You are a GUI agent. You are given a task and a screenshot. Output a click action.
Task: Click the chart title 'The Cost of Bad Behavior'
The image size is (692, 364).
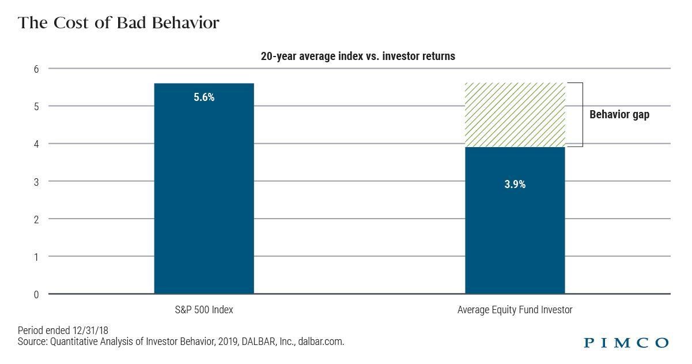tap(118, 23)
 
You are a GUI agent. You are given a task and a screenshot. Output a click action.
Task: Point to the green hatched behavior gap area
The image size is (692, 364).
tap(515, 115)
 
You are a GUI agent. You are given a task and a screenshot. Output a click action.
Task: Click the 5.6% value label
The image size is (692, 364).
tap(204, 97)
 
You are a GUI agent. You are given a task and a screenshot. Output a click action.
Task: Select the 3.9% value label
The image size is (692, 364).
tap(515, 185)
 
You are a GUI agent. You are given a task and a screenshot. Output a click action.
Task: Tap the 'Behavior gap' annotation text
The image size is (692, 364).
tap(619, 115)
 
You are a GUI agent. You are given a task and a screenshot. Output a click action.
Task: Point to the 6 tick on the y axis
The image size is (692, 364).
tap(36, 69)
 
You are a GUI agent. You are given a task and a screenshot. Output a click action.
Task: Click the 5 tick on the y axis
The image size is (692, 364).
tap(36, 106)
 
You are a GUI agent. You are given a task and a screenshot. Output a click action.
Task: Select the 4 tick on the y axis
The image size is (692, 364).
tap(36, 144)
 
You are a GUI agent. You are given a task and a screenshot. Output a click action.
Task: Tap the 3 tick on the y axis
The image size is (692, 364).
tap(36, 181)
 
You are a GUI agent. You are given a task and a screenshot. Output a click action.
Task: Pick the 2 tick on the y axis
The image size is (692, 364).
tap(36, 219)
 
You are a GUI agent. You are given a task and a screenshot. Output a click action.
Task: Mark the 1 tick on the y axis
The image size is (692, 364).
tap(36, 257)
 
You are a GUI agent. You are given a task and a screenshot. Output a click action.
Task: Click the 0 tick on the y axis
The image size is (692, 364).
tap(36, 294)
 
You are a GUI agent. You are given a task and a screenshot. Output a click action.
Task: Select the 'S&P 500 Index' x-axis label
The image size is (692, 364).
tap(204, 310)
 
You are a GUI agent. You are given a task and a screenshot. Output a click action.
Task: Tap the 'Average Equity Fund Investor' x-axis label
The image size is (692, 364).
tap(515, 310)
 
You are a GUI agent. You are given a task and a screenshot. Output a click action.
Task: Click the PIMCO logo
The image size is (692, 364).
tap(626, 343)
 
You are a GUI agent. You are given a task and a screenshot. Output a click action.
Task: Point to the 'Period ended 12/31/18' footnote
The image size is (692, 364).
tap(63, 331)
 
